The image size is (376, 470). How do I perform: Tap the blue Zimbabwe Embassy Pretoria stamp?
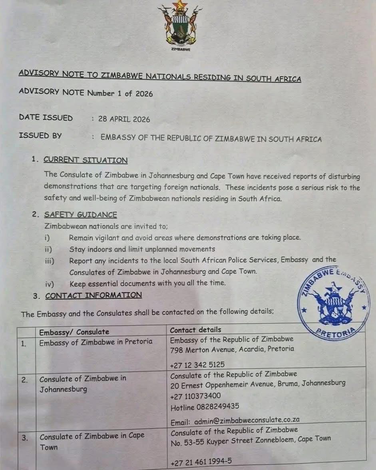point(334,301)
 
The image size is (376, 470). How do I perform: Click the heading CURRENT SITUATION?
point(86,160)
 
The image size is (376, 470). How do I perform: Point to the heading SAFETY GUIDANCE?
point(81,215)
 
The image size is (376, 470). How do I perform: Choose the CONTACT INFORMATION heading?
point(94,295)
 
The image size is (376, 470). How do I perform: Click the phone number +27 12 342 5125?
point(197,364)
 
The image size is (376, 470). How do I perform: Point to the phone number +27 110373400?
point(195,396)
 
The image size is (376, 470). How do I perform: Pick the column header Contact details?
point(195,330)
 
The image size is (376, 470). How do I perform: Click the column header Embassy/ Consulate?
point(74,332)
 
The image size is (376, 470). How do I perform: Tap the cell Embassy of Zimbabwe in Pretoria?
point(95,342)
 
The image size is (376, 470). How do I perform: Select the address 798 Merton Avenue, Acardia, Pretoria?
point(232,349)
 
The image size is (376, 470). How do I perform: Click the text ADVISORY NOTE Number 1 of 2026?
point(86,93)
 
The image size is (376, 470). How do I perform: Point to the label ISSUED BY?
point(40,135)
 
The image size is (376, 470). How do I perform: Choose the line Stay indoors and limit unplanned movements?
point(142,249)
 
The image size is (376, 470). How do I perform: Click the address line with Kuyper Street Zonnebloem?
point(251,439)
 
